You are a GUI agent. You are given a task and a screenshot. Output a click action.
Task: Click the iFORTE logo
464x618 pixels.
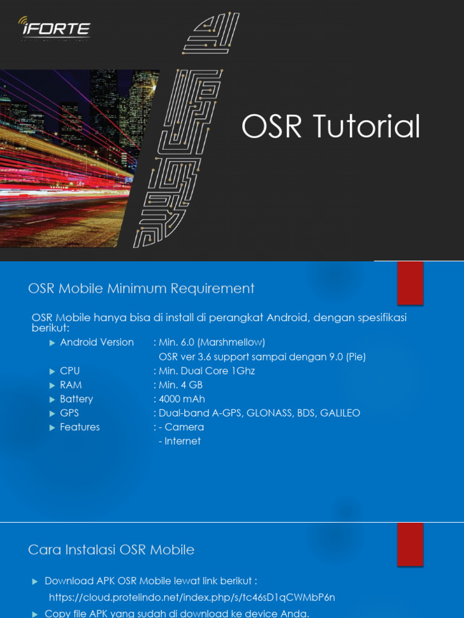click(54, 28)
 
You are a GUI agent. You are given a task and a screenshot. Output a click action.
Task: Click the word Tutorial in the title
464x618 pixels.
click(366, 127)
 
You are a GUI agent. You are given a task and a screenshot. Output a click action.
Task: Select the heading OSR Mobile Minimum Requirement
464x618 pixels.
click(141, 288)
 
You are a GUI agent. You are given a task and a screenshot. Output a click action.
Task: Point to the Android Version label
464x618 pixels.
click(97, 342)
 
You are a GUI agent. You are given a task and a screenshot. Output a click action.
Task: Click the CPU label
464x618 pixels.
click(69, 371)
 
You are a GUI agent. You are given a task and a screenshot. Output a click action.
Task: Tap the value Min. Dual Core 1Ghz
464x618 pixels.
click(207, 371)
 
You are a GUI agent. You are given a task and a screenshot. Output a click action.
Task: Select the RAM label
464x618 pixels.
click(71, 385)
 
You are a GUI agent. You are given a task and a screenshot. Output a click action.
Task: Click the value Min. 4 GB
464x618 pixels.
click(181, 385)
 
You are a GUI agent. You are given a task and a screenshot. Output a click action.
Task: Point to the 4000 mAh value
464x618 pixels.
click(182, 399)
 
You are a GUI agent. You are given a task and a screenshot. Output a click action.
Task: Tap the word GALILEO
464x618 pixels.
click(340, 413)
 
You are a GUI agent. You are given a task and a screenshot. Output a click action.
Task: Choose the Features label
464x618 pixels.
click(80, 427)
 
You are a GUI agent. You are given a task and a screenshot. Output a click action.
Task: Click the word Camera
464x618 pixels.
click(184, 427)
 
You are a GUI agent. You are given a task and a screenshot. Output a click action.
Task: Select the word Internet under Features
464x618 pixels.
click(182, 441)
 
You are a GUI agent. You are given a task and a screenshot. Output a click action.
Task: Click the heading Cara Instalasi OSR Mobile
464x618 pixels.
click(111, 550)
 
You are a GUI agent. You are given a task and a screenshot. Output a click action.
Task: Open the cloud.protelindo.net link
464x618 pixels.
click(192, 597)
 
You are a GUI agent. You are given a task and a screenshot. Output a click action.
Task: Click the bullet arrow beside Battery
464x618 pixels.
click(52, 400)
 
